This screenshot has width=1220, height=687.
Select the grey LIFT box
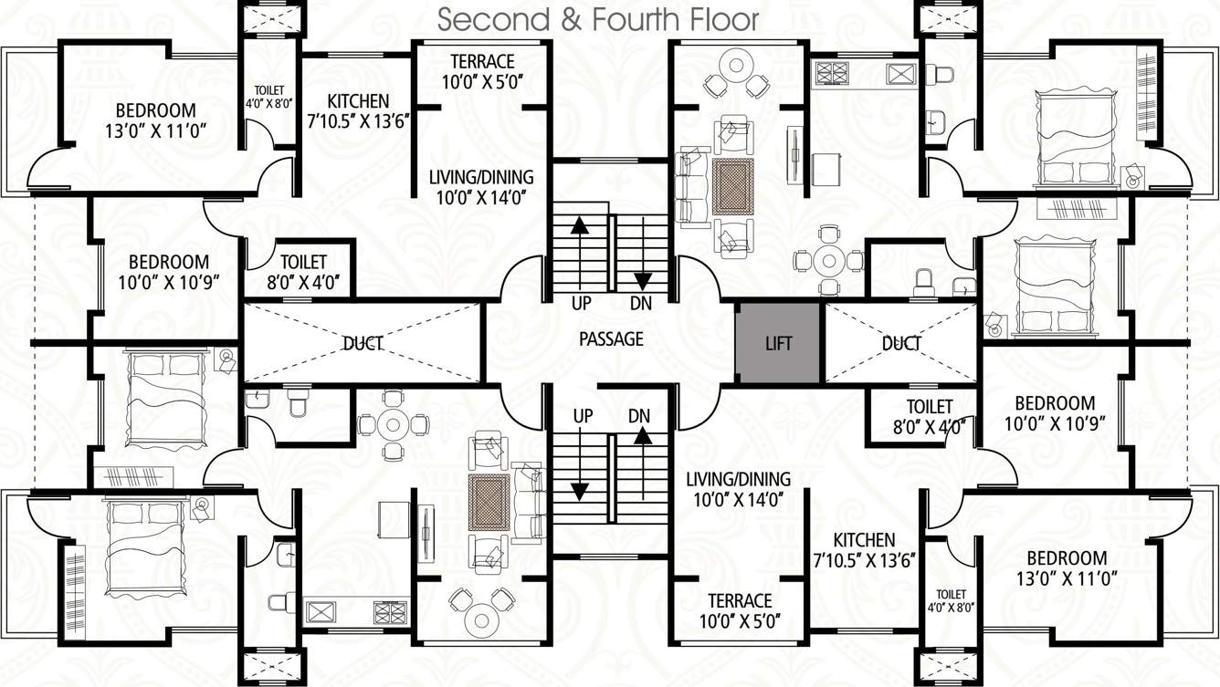tap(778, 343)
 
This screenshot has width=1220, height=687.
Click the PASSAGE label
tap(611, 339)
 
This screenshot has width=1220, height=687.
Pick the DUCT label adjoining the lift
tap(901, 343)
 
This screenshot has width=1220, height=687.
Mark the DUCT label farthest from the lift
tap(362, 343)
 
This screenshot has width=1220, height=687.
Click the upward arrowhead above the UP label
tap(578, 225)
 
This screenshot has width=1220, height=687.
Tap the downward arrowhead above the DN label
tap(643, 279)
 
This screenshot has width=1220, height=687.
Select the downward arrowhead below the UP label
tap(578, 491)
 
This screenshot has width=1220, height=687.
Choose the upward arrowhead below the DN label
tap(643, 437)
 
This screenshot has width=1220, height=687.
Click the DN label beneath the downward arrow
tap(642, 302)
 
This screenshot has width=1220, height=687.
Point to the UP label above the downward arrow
tap(583, 415)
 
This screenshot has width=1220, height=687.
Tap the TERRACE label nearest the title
tap(482, 62)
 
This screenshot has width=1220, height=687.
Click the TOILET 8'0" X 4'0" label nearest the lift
tap(930, 406)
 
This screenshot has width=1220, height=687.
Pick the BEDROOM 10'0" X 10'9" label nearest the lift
tap(1055, 403)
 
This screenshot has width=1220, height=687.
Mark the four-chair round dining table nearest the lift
tap(829, 261)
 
